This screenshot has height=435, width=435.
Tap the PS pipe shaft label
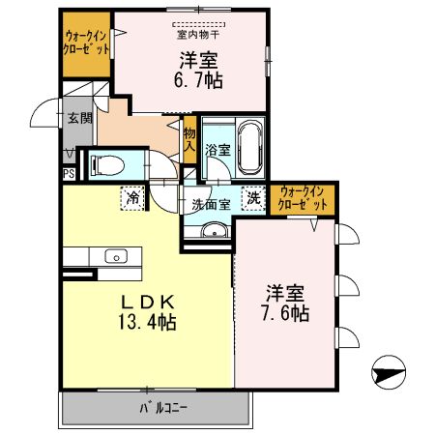pos(69,174)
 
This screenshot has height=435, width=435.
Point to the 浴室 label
pos(217,150)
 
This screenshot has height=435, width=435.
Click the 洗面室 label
pos(210,204)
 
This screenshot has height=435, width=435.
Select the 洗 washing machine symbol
pos(252,196)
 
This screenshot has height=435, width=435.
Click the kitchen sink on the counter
pos(116,256)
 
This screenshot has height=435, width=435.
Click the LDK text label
pos(147,302)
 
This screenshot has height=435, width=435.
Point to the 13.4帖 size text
pos(148,322)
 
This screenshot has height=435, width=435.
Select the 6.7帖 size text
pos(198,81)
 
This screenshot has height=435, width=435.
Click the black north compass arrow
pos(386,370)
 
